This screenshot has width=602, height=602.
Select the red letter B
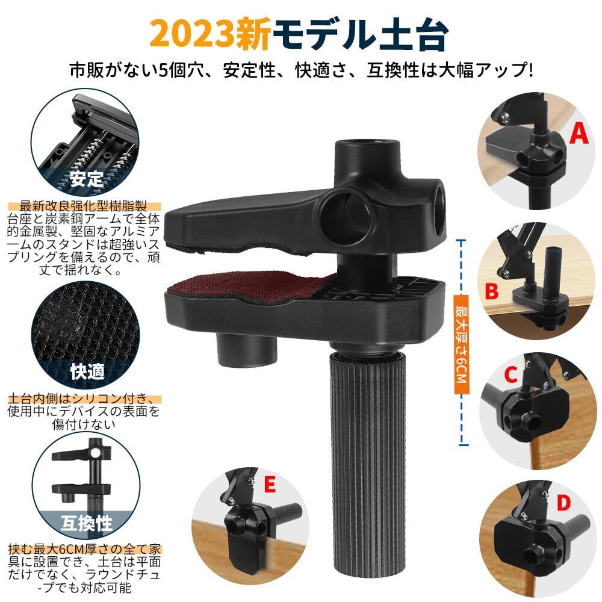coord(492,291)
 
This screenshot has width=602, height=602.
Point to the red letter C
coord(511,374)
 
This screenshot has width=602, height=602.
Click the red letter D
coord(563,503)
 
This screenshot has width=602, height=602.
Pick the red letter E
coord(270,484)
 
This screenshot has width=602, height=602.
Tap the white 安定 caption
coord(86,179)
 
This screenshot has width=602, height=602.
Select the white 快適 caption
coord(87,371)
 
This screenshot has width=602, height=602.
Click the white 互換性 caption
coord(86,523)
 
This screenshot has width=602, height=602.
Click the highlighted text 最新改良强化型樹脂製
coord(84,206)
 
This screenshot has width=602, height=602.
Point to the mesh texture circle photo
coord(85,335)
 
